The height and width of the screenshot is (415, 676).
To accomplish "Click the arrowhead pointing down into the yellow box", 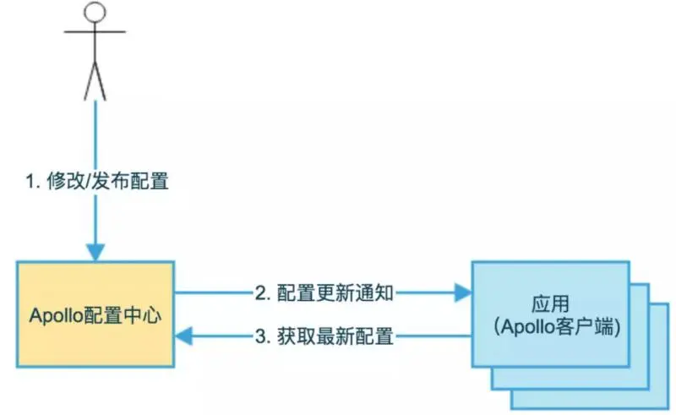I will tap(95, 251).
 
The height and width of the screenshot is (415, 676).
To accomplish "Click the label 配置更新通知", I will tap(335, 293).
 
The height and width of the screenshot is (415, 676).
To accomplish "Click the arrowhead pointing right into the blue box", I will tap(462, 293).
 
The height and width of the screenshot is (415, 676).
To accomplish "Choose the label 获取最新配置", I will tap(335, 337).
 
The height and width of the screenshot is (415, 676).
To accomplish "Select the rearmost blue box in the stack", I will tap(659, 397).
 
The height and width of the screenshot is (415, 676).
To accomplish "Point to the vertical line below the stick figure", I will tap(95, 135).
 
